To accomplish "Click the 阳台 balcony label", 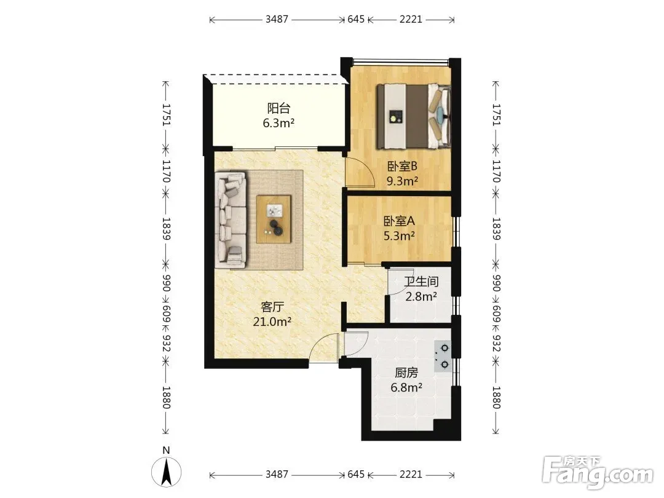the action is click(279, 108).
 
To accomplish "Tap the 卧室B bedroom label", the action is click(402, 166).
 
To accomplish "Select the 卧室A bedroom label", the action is click(399, 221).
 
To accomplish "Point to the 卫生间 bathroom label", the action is click(421, 281).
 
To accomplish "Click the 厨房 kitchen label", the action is click(406, 372).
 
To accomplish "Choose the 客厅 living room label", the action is click(272, 306).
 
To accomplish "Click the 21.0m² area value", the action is click(272, 322).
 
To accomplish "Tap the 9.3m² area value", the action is click(402, 181).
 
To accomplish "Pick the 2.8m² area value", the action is click(421, 296).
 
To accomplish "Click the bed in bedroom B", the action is click(414, 116).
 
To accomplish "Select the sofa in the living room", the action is click(231, 219).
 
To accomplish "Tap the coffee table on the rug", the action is click(274, 219).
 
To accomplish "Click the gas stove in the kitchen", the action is click(443, 356).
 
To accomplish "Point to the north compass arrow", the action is click(167, 472).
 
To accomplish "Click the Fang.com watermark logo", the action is click(598, 470).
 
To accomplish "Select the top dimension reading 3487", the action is click(277, 19).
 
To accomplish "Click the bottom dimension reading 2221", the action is click(411, 474).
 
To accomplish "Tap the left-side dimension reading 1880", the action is click(166, 397).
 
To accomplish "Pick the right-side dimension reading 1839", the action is click(496, 229).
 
